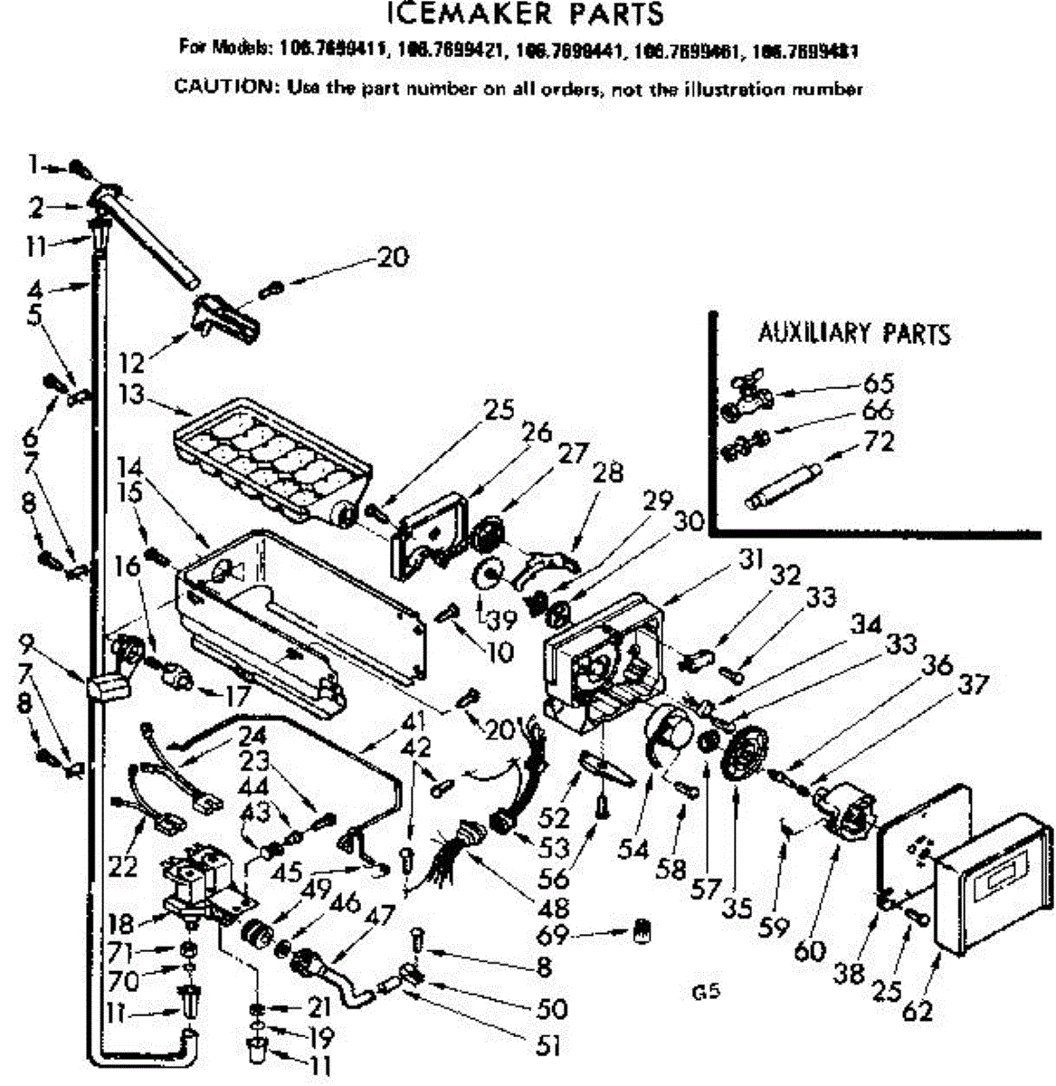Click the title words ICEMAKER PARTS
524,14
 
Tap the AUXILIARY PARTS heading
854,333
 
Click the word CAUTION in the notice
225,88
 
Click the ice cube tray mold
271,454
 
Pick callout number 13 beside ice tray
132,395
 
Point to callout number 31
751,559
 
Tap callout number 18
121,923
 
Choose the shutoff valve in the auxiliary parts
745,389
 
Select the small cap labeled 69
644,928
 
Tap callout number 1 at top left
33,165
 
